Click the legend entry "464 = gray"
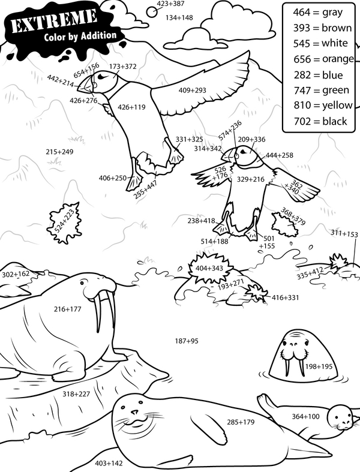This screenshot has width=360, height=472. [x=318, y=13]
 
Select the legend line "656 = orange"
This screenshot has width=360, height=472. [x=323, y=59]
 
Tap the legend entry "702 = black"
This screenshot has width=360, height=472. [x=320, y=121]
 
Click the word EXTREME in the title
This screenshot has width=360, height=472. [x=54, y=22]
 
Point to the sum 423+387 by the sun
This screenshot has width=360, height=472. [x=170, y=4]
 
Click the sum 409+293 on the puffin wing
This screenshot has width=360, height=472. [x=192, y=90]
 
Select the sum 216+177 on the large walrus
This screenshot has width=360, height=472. [x=67, y=309]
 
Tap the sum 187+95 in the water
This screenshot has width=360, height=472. [x=187, y=341]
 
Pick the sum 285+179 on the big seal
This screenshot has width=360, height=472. [x=241, y=422]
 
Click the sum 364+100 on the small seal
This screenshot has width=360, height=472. [x=306, y=416]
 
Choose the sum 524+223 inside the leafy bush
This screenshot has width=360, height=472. [x=65, y=221]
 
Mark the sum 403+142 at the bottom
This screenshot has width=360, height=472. [x=109, y=462]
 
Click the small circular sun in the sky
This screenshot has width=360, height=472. [x=152, y=12]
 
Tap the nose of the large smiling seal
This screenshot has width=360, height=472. [x=134, y=411]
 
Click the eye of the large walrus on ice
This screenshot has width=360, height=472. [x=83, y=282]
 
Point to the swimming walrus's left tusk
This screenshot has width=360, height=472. [x=287, y=367]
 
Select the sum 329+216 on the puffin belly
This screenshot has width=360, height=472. [x=251, y=179]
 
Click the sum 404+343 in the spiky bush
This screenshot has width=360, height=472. [x=209, y=268]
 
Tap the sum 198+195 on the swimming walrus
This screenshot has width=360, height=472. [x=319, y=366]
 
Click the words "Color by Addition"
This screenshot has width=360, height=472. [x=80, y=36]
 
